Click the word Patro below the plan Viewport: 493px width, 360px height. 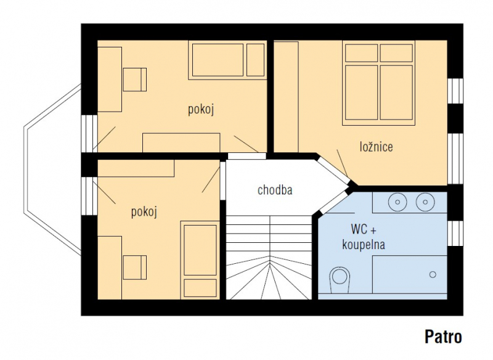pos(443,337)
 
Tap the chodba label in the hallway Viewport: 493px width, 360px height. pos(275,190)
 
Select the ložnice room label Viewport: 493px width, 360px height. pos(377,147)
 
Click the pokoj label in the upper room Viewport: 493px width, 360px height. pos(201,110)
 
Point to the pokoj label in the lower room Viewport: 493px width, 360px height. pos(144,212)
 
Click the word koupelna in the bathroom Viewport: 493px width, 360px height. pos(364,244)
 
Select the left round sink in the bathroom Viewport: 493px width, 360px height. pos(397,202)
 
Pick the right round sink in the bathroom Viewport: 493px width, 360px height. pos(425,202)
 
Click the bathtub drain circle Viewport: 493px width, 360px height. pos(433,274)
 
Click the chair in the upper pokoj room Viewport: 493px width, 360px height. pos(135,80)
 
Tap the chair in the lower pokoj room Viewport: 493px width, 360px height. pos(135,268)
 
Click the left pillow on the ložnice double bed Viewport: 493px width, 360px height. pos(361,53)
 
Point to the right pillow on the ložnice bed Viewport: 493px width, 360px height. pos(396,53)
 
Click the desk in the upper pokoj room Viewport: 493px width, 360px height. pos(110,80)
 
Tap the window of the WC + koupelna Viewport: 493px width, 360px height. pos(455,233)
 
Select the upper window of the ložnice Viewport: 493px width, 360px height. pos(455,91)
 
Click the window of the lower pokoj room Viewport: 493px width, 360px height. pos(89,196)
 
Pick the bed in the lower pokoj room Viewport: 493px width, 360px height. pos(200,260)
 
